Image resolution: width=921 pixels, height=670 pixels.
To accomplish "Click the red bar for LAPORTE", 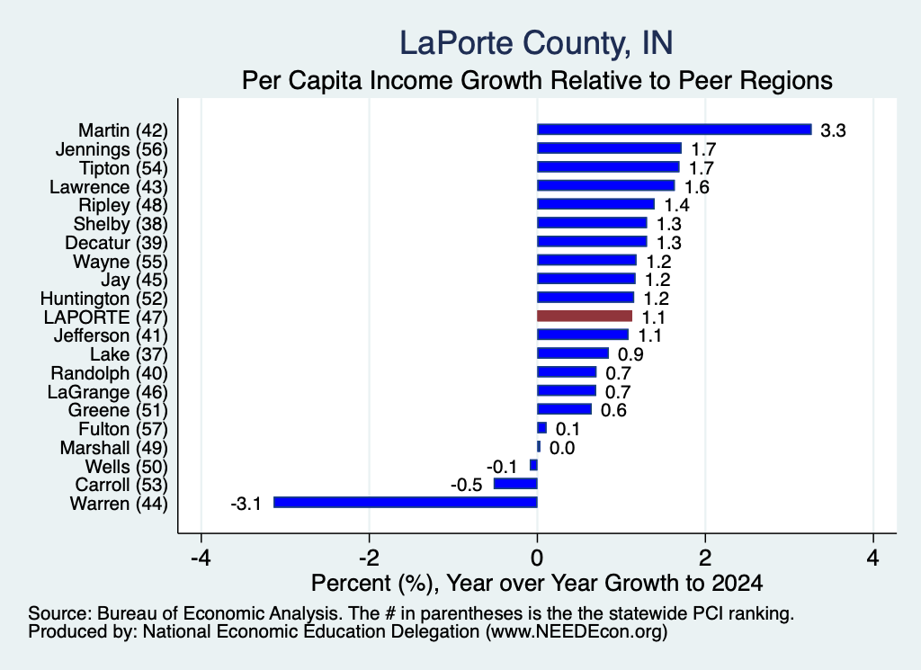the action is [585, 316].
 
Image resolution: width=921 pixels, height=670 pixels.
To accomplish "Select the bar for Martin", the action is [675, 130].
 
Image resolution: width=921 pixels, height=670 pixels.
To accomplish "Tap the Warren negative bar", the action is [406, 502].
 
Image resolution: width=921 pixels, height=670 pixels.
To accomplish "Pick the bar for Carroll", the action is [515, 484].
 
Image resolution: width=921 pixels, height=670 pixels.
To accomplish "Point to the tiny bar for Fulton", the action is [541, 428].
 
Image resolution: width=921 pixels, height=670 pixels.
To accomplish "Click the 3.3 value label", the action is [833, 130].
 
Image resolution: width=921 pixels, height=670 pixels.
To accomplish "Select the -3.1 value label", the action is [246, 504].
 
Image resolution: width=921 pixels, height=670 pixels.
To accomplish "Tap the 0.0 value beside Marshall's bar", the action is [562, 448].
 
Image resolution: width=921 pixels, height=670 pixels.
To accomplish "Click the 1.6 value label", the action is [697, 187].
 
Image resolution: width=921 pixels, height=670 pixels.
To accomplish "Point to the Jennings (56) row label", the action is [112, 149].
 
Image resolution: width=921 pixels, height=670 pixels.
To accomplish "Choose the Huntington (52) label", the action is [104, 299].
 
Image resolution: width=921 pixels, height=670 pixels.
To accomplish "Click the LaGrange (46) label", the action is [108, 392].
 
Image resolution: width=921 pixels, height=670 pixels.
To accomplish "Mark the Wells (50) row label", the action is [126, 467].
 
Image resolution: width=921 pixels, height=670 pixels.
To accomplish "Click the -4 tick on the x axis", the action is [201, 558].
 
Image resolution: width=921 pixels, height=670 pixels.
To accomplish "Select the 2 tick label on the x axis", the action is [705, 558].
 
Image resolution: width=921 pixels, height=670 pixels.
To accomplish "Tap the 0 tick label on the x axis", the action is [537, 558].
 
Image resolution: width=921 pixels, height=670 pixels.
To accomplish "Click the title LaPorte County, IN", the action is [536, 43].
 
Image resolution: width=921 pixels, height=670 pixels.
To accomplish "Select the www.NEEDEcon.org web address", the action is [576, 632].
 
